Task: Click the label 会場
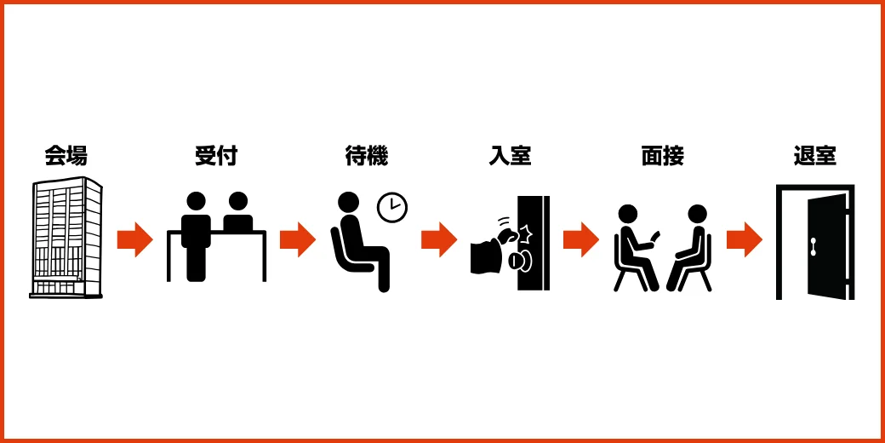[x=66, y=156]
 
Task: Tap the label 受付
[x=216, y=156]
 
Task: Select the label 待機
[x=367, y=156]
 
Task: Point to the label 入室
[x=511, y=156]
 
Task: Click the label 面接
[x=663, y=156]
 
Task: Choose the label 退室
[x=814, y=156]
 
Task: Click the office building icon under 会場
[x=66, y=238]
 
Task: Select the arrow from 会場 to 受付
[x=135, y=239]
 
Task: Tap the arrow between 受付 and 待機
[x=298, y=239]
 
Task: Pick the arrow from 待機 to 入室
[x=439, y=239]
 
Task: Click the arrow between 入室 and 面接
[x=580, y=239]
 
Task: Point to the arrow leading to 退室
[x=745, y=239]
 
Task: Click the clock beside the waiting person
[x=392, y=207]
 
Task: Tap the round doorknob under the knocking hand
[x=519, y=261]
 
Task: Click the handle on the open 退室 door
[x=814, y=246]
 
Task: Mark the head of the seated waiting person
[x=349, y=202]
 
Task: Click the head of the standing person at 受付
[x=196, y=202]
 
